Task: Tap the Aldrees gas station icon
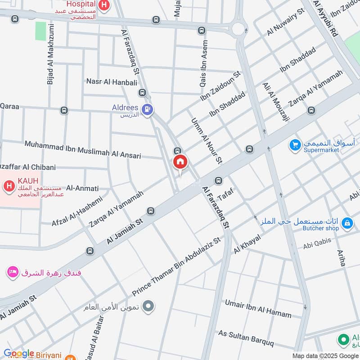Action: tap(147, 108)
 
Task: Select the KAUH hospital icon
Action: tap(8, 185)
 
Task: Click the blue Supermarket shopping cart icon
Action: tap(295, 144)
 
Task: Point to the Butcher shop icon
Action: tap(347, 222)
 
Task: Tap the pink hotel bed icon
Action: tap(13, 272)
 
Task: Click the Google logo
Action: tap(19, 353)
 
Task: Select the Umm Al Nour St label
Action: tap(207, 140)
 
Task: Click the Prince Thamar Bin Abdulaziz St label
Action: tap(177, 266)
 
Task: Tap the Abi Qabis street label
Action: tap(317, 243)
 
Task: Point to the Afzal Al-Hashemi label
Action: tap(76, 211)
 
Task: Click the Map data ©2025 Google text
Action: tap(325, 355)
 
